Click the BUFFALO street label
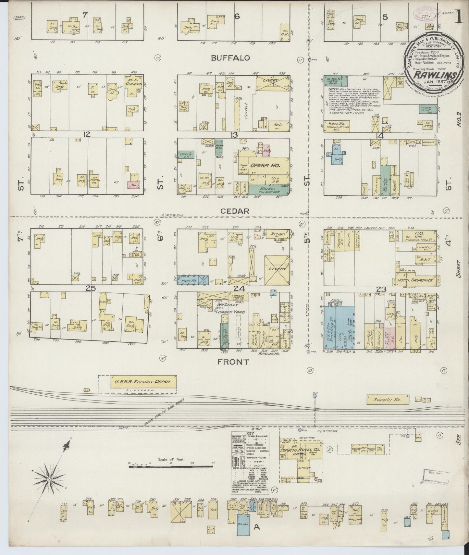pyautogui.click(x=230, y=58)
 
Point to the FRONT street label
pyautogui.click(x=233, y=362)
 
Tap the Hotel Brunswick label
pyautogui.click(x=415, y=280)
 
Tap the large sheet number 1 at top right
pyautogui.click(x=459, y=16)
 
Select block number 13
pyautogui.click(x=234, y=135)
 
